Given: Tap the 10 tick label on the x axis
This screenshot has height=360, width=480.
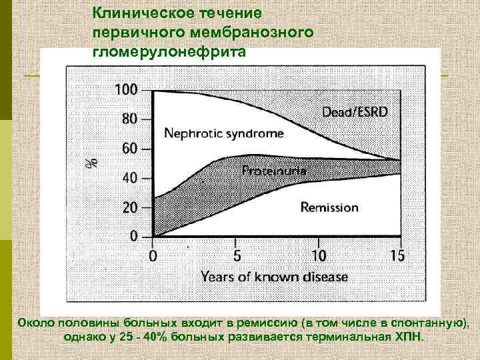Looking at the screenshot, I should coord(318,255).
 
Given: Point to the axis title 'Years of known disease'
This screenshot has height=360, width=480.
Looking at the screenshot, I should coord(274,275).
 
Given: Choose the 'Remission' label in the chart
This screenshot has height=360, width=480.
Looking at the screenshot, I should coord(329,207).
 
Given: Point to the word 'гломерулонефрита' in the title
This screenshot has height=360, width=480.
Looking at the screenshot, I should coord(170,51).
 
